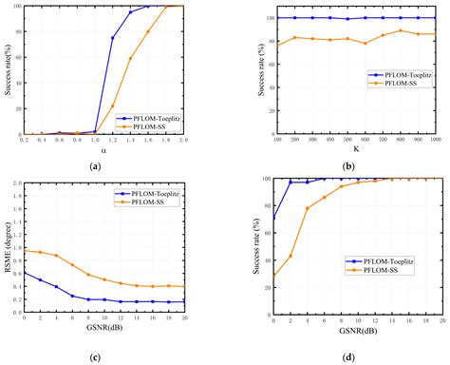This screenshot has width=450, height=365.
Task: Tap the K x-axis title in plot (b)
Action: click(x=355, y=149)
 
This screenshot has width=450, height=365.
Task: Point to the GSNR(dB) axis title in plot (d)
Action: click(x=355, y=332)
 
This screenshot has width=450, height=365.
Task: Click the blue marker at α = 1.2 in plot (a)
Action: click(x=113, y=38)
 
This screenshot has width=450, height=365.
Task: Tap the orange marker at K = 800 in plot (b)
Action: click(x=401, y=30)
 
